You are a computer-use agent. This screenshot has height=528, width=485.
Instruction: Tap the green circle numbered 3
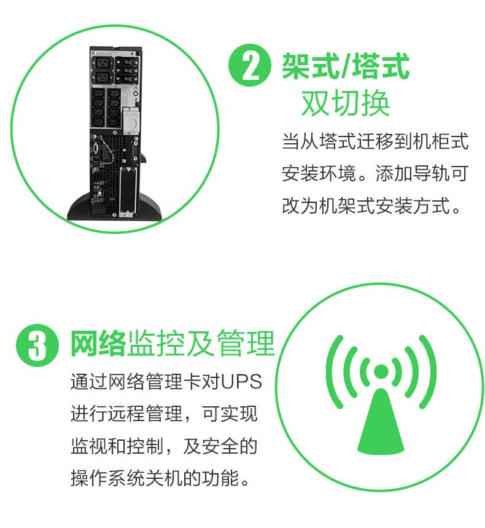pyautogui.click(x=37, y=345)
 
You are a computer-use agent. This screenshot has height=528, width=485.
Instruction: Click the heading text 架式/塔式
pyautogui.click(x=346, y=65)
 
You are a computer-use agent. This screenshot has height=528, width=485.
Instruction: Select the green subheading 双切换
pyautogui.click(x=346, y=103)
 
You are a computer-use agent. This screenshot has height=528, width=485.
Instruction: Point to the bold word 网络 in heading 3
pyautogui.click(x=98, y=344)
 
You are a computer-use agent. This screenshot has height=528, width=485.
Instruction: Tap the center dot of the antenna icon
pyautogui.click(x=381, y=371)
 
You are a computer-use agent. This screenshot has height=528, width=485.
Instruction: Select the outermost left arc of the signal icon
pyautogui.click(x=333, y=371)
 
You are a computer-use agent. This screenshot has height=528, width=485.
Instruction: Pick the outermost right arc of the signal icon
pyautogui.click(x=429, y=371)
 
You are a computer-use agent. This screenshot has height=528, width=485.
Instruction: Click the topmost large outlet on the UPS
pyautogui.click(x=101, y=62)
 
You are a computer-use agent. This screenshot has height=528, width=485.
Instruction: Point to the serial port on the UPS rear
pyautogui.click(x=96, y=148)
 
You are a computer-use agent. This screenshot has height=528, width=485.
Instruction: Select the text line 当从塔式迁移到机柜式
pyautogui.click(x=375, y=141)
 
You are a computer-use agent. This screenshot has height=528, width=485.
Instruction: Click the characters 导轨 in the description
pyautogui.click(x=431, y=173)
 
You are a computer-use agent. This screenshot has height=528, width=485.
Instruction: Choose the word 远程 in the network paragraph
pyautogui.click(x=126, y=414)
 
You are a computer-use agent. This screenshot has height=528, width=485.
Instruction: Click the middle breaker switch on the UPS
pyautogui.click(x=126, y=70)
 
